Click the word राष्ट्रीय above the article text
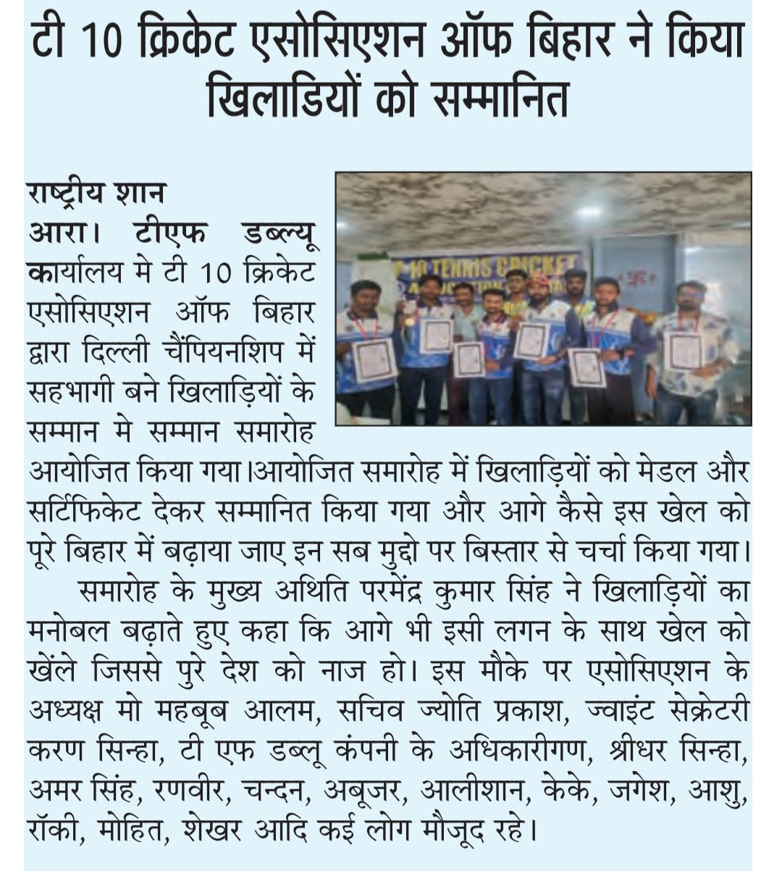(67, 194)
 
